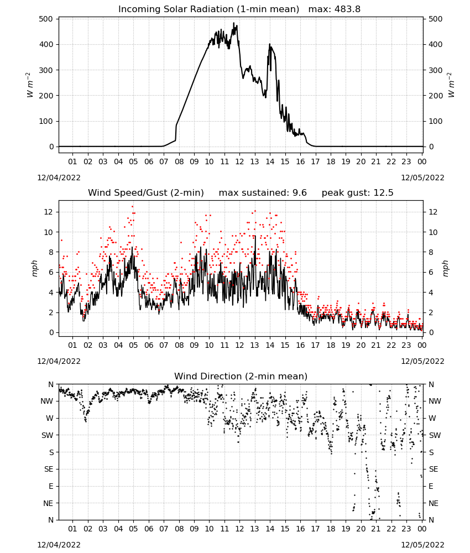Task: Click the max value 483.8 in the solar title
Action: (x=347, y=9)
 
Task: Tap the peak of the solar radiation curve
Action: (x=233, y=23)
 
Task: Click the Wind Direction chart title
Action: (x=241, y=376)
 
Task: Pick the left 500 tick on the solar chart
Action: (x=46, y=19)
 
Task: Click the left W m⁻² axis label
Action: (x=30, y=85)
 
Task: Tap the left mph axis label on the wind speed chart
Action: (x=34, y=268)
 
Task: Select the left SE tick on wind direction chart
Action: (x=49, y=469)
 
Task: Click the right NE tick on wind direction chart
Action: (x=434, y=503)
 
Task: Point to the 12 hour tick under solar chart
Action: (x=239, y=161)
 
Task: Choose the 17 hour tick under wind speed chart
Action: (x=315, y=345)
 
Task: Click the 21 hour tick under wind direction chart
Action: (x=376, y=529)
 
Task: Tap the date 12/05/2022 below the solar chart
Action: (x=422, y=178)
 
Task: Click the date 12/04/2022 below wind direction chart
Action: (x=59, y=545)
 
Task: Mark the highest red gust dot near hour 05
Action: (x=133, y=207)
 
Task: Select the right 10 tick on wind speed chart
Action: (x=433, y=232)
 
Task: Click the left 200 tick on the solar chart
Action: (x=46, y=96)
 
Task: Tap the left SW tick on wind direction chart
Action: (x=48, y=435)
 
